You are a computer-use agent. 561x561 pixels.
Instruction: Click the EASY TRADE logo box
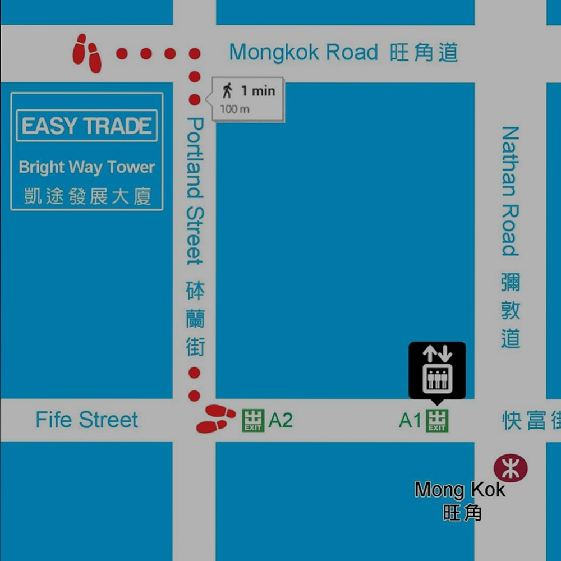point(87,126)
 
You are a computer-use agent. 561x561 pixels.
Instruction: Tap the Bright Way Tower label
point(87,167)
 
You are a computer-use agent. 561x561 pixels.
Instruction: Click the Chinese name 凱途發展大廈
point(87,196)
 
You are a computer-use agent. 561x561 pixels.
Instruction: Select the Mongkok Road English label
point(304,53)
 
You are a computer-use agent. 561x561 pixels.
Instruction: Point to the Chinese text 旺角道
point(424,53)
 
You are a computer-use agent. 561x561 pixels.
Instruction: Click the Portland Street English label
point(194,191)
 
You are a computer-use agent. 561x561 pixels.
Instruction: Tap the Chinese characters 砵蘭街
point(195,319)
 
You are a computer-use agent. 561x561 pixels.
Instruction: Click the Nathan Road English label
point(510,191)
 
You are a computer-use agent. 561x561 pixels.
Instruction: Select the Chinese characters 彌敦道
point(511,310)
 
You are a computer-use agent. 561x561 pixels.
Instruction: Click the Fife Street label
point(87,420)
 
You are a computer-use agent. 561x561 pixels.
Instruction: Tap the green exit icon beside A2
point(253,421)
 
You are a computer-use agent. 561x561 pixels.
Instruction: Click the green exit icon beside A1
point(437,421)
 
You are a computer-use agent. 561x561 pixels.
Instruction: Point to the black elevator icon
point(437,371)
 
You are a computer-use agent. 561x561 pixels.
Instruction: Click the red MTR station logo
point(511,468)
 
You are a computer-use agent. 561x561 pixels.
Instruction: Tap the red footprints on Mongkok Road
point(88,53)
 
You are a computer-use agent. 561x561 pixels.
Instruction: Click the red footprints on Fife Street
point(214,419)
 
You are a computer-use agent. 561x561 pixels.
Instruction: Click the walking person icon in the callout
point(227,90)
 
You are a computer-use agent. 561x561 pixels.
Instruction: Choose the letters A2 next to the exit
point(280,420)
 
